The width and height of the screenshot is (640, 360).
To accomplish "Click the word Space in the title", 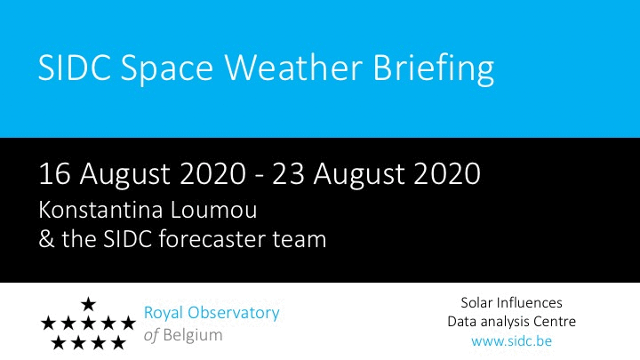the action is tap(167, 68).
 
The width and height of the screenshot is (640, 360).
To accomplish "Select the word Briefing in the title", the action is tap(434, 68).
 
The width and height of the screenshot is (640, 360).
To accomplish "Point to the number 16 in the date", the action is tap(55, 174).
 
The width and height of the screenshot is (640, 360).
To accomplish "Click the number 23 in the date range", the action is tap(288, 174).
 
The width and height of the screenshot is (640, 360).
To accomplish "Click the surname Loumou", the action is tap(214, 210).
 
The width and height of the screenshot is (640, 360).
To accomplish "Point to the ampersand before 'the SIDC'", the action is tap(46, 239).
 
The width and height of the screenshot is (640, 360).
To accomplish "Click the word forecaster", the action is tap(212, 239).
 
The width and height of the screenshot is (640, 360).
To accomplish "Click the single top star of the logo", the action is tap(88, 304).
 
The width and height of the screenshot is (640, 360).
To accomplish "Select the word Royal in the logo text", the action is tap(163, 314).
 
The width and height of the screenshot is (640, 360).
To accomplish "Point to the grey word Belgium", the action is tap(193, 335).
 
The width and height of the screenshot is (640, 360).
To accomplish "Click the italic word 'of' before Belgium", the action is tap(151, 335).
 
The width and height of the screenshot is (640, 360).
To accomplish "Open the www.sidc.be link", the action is tap(511, 340).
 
